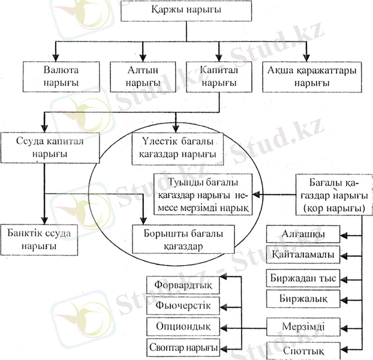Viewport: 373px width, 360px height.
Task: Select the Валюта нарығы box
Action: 61,76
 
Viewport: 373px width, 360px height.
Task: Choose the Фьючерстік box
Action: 182,305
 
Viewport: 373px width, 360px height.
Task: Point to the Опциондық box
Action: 182,326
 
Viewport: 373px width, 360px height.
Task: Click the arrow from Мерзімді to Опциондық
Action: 243,326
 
